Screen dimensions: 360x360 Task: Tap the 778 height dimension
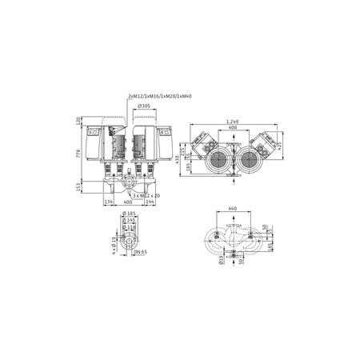point(78,153)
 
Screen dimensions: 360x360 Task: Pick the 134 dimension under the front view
point(109,203)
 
